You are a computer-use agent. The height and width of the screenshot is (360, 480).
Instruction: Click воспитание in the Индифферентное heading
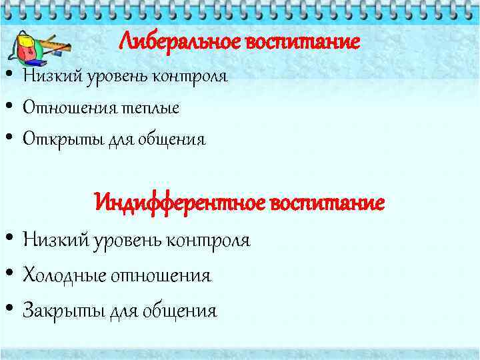327,201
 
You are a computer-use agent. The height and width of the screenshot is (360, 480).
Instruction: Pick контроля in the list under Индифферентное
207,239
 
